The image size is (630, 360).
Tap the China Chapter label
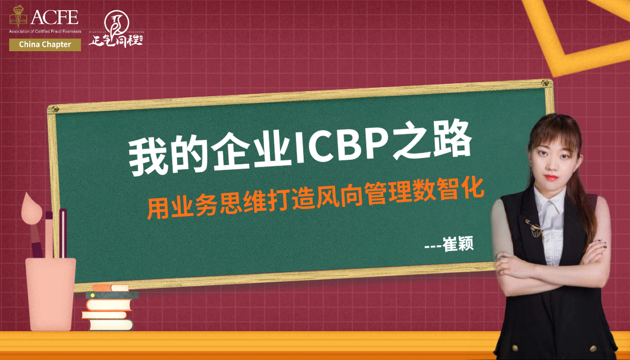click(x=45, y=44)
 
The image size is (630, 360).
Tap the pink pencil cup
click(x=50, y=292)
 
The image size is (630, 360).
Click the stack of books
click(x=109, y=308)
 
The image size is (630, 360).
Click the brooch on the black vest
click(x=531, y=225)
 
